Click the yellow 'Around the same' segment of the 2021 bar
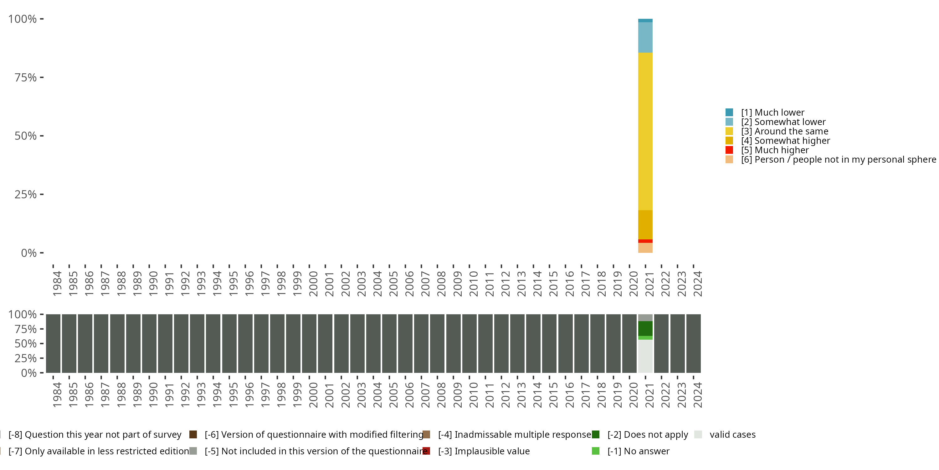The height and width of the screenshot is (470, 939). [645, 131]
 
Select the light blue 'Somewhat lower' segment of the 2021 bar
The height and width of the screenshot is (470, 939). [645, 37]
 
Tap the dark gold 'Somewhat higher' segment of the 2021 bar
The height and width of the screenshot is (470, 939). [645, 224]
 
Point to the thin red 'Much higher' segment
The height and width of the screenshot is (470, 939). [645, 241]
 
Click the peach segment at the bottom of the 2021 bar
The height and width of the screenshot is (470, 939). [645, 248]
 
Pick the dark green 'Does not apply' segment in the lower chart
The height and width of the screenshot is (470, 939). [645, 328]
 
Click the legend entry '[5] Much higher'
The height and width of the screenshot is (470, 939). [774, 150]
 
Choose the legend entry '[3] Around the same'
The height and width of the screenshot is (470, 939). [784, 131]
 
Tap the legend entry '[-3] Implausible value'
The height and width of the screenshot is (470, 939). [483, 451]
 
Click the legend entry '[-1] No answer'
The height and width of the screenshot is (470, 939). [638, 451]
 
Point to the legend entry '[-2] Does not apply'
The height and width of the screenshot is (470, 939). [647, 435]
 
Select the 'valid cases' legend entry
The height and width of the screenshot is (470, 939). [732, 435]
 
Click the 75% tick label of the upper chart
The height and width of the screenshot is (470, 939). [26, 77]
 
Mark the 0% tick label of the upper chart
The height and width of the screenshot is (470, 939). [29, 253]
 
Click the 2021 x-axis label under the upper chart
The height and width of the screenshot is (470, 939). [649, 284]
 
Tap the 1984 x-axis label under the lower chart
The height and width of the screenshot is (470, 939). [57, 395]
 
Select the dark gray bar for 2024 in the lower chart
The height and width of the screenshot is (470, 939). [693, 343]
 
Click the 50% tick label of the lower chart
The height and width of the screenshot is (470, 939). [26, 344]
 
